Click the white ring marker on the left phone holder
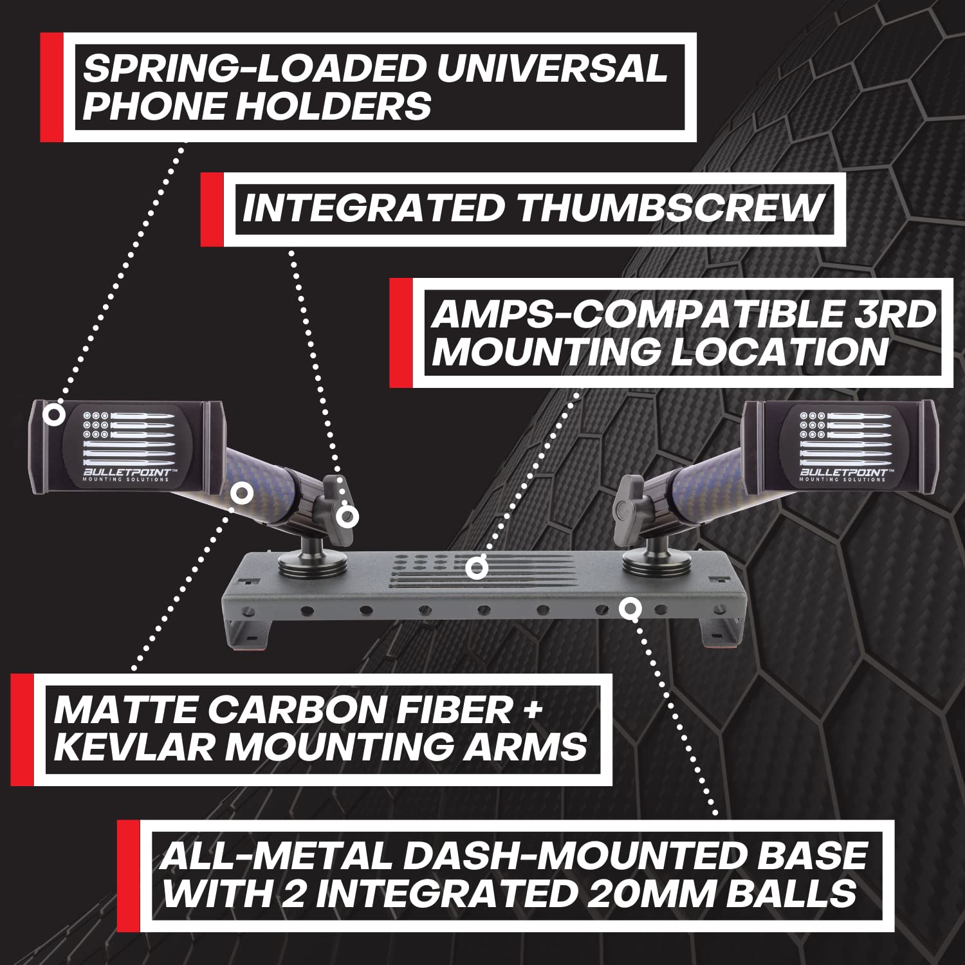(54, 414)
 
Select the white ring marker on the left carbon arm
(242, 494)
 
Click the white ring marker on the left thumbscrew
(347, 517)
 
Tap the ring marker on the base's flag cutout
(476, 568)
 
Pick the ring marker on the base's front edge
(630, 608)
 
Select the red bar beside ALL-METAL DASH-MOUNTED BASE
(128, 876)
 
